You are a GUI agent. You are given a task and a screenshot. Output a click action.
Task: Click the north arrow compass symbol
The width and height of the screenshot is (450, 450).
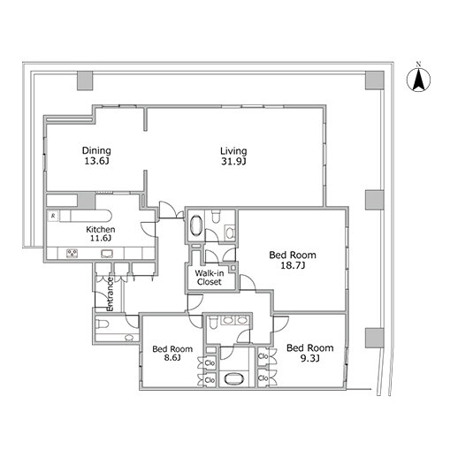(x=418, y=80)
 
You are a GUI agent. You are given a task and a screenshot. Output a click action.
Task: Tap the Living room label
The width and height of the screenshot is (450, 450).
(x=233, y=151)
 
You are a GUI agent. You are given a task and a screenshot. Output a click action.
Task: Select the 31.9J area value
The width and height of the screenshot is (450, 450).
(x=233, y=162)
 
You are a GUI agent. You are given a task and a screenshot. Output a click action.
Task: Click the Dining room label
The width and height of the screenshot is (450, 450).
(x=96, y=151)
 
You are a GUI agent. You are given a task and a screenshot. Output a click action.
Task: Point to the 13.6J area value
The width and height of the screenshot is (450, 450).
(x=96, y=161)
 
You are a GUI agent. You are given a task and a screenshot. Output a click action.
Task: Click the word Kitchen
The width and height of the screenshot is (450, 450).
(x=101, y=229)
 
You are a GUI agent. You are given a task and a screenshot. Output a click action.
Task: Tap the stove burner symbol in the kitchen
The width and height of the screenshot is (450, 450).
(x=72, y=254)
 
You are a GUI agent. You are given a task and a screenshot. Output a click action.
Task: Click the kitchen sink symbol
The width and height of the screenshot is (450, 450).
(x=107, y=254)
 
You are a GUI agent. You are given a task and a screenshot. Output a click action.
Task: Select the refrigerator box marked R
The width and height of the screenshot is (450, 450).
(x=53, y=216)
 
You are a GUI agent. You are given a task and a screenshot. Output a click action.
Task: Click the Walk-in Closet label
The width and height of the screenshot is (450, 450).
(x=210, y=278)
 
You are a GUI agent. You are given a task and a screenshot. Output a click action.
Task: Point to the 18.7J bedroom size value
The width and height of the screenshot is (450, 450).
(x=293, y=265)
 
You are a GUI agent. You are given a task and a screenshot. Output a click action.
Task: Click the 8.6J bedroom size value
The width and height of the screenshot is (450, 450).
(x=172, y=358)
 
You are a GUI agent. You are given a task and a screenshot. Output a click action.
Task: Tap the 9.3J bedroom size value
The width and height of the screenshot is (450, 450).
(x=310, y=358)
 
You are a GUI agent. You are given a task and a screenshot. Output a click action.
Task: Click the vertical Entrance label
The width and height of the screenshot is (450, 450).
(x=110, y=294)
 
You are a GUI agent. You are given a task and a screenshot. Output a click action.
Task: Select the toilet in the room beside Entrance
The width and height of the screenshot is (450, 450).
(x=103, y=324)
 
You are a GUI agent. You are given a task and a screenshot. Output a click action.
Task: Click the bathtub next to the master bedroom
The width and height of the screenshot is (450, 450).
(x=196, y=225)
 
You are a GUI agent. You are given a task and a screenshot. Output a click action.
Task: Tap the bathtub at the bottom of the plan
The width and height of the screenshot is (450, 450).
(x=233, y=379)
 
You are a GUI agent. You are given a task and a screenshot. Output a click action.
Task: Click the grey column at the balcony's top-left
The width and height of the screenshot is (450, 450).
(x=85, y=80)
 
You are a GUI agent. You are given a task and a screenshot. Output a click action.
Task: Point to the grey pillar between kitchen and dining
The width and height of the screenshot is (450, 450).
(x=87, y=201)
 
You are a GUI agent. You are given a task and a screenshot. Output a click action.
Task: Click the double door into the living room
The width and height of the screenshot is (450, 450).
(x=171, y=210)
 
